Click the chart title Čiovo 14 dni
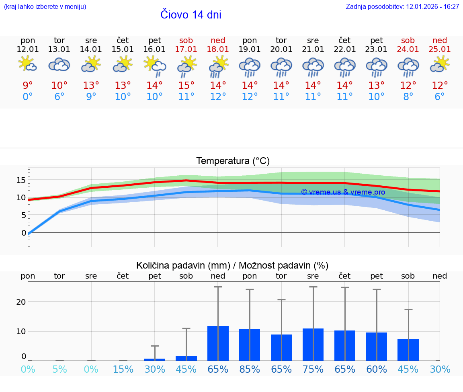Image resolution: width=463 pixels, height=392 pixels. pos(191,15)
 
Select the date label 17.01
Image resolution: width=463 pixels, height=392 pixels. pos(186,49)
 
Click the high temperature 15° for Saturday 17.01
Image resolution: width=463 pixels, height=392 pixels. pos(186,86)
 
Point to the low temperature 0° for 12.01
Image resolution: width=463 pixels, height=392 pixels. pos(27,97)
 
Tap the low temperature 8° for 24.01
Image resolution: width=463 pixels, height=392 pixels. pos(408,97)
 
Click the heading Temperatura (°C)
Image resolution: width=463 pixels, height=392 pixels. pos(233,161)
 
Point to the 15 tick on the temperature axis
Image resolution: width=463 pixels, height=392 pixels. pos(21,180)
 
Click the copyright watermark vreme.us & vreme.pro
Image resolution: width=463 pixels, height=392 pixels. pos(343,192)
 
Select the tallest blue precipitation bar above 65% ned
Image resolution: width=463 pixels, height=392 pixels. pos(218,343)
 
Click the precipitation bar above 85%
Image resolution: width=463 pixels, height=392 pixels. pos(250,345)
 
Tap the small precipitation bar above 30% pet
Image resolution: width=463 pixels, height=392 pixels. pos(155,359)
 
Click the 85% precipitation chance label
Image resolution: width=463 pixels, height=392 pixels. pos(250,369)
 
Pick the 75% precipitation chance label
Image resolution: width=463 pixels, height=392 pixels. pos(313,369)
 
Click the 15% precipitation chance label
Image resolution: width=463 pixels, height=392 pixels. pos(123,369)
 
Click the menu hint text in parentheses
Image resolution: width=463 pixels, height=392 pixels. pos(45,7)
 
